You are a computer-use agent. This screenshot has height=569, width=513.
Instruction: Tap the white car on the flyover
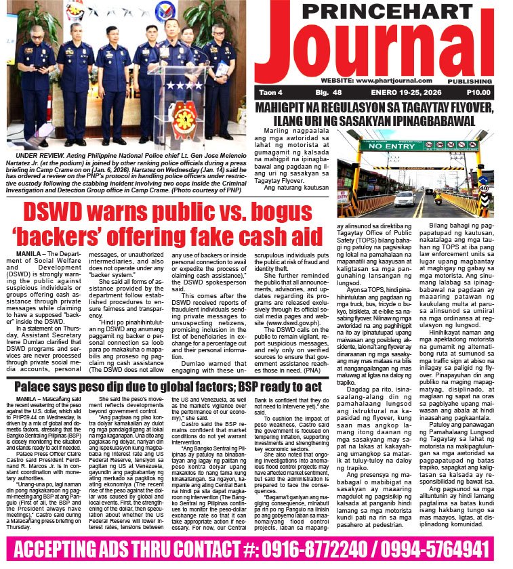point(405,198)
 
